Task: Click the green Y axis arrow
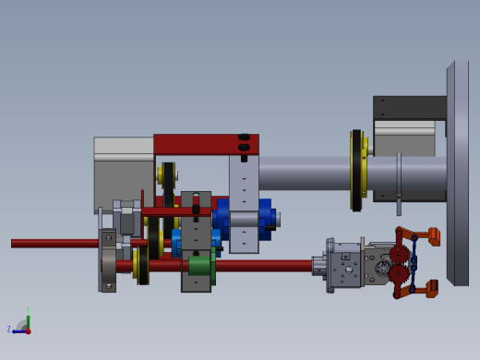(28, 315)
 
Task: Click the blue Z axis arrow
(16, 330)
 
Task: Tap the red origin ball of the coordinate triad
(28, 330)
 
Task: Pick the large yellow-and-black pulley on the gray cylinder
(356, 170)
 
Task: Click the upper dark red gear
(399, 254)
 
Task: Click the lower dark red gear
(399, 274)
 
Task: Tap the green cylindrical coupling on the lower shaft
(199, 266)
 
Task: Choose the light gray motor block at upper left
(122, 171)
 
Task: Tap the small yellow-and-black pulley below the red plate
(168, 174)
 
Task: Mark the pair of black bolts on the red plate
(244, 142)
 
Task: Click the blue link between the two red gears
(414, 263)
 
